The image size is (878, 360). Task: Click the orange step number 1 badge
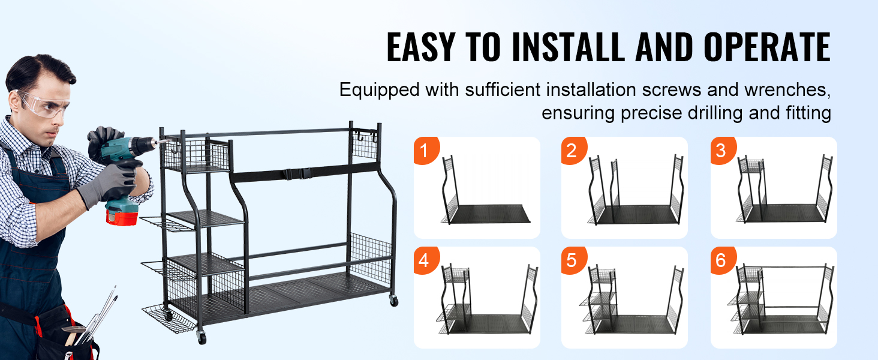[x=425, y=151]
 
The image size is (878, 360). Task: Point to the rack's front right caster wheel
[x=393, y=300]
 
